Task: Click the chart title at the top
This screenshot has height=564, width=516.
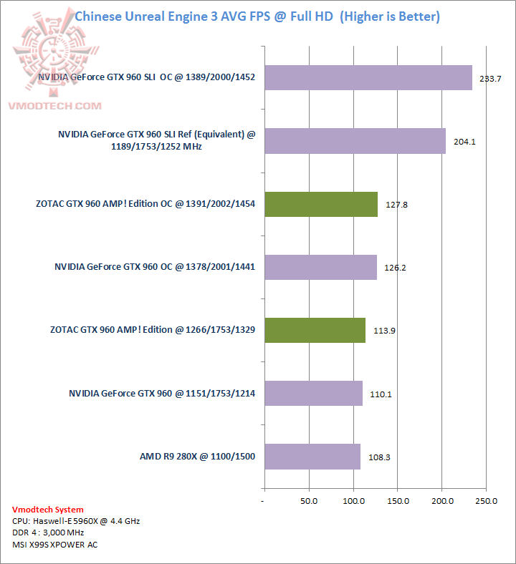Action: pyautogui.click(x=257, y=16)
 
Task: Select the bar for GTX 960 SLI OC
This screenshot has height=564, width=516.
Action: pyautogui.click(x=368, y=78)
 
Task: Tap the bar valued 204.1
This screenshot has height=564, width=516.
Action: pyautogui.click(x=355, y=141)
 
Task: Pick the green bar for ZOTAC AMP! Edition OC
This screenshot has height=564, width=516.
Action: pyautogui.click(x=321, y=204)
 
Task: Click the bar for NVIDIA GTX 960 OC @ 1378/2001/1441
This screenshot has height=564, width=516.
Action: pyautogui.click(x=320, y=267)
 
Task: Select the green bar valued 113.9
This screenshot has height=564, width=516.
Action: pyautogui.click(x=315, y=330)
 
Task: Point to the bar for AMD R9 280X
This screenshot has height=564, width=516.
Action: pyautogui.click(x=312, y=456)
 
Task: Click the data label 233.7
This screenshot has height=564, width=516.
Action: pyautogui.click(x=490, y=79)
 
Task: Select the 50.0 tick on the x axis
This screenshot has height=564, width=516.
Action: pyautogui.click(x=309, y=501)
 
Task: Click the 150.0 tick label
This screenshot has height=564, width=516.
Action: pyautogui.click(x=398, y=501)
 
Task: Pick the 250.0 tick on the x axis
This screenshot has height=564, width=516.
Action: pyautogui.click(x=487, y=501)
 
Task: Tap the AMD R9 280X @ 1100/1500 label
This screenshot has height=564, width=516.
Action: pyautogui.click(x=197, y=456)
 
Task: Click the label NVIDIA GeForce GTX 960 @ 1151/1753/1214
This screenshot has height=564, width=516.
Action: pyautogui.click(x=162, y=393)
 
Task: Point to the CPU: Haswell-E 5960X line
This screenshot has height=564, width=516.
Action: pyautogui.click(x=76, y=521)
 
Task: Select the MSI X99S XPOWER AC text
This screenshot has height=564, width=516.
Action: pyautogui.click(x=55, y=545)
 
